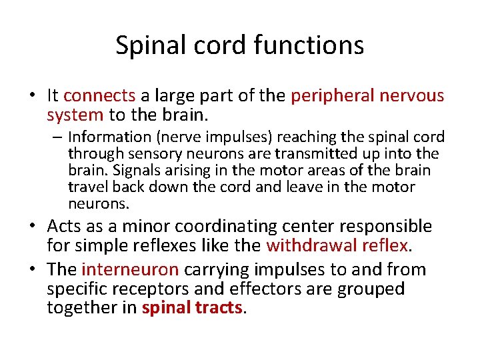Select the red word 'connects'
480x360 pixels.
tap(99, 96)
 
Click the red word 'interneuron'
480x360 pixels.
tap(130, 270)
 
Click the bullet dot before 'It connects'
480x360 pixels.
tap(32, 97)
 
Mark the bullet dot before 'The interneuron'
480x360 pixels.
tap(32, 271)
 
